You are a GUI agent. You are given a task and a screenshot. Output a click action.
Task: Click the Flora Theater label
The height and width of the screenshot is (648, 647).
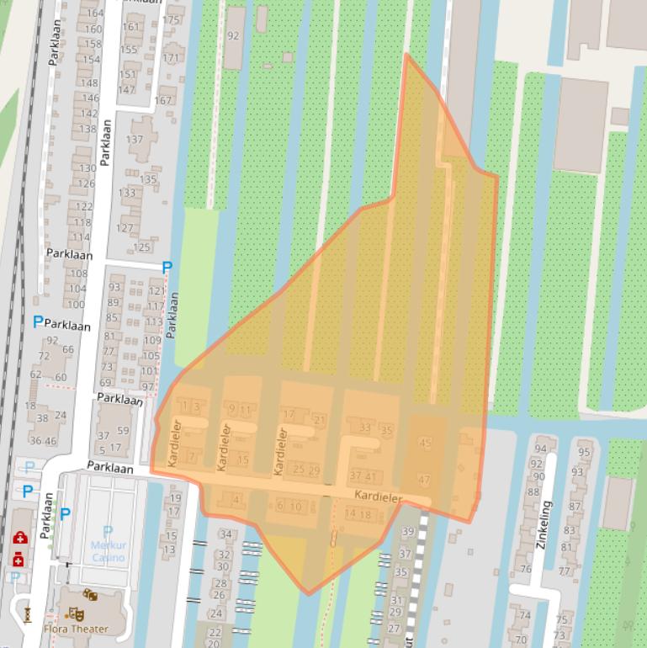tap(76, 629)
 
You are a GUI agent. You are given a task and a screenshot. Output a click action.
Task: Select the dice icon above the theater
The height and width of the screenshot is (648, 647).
tap(90, 596)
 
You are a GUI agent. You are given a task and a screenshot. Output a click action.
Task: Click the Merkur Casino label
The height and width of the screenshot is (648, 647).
tap(108, 551)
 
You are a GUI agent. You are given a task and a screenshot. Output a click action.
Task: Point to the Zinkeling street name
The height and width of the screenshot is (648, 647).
tap(544, 524)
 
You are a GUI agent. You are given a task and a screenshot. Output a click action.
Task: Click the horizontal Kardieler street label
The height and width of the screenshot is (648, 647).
tap(378, 497)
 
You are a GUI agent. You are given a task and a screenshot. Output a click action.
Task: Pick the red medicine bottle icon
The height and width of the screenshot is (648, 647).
tap(18, 558)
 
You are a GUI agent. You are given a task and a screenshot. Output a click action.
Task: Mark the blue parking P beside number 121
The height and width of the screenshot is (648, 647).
tap(167, 268)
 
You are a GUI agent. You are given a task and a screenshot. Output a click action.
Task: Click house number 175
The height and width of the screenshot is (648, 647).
tap(173, 20)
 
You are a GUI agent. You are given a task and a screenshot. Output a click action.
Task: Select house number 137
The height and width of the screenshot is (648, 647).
tap(135, 140)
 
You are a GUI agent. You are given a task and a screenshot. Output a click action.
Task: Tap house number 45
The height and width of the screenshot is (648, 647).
tap(425, 444)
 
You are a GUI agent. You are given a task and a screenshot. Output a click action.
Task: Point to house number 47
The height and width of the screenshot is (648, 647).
tap(424, 480)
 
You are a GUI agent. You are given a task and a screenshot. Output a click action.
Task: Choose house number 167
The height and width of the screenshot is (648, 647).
tap(162, 100)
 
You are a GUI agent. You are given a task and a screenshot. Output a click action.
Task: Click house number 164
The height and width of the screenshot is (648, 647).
tap(94, 13)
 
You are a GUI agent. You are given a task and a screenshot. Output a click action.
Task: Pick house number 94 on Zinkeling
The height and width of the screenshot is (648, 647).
tap(539, 449)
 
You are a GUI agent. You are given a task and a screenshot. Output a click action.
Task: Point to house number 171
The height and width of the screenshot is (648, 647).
tap(172, 59)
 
